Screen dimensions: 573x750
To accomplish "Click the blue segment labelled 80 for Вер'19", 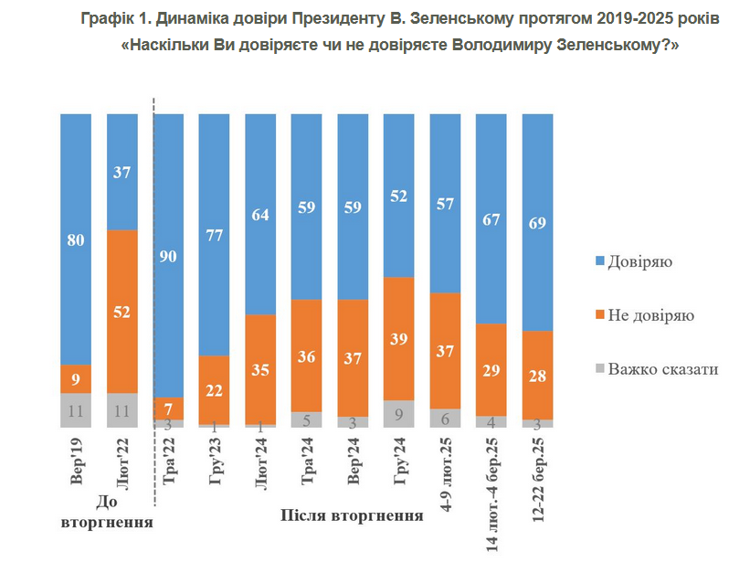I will pyautogui.click(x=76, y=239).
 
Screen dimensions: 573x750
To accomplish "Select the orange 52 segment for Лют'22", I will pyautogui.click(x=122, y=311).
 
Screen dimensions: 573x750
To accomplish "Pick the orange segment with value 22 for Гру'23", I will pyautogui.click(x=215, y=389).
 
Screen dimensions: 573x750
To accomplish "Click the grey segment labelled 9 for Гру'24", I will pyautogui.click(x=399, y=413).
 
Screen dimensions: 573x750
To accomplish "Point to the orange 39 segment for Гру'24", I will pyautogui.click(x=399, y=338).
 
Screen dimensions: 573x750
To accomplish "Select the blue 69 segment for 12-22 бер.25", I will pyautogui.click(x=537, y=222).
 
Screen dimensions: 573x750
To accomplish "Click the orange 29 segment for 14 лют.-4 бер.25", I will pyautogui.click(x=491, y=369).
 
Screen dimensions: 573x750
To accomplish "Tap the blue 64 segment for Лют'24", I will pyautogui.click(x=261, y=214).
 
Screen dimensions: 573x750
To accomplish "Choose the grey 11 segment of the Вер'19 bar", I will pyautogui.click(x=76, y=410).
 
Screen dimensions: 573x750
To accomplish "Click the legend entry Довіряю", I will pyautogui.click(x=641, y=262).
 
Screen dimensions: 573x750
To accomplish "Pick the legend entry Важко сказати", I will pyautogui.click(x=663, y=369).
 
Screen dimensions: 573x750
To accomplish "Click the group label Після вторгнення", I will pyautogui.click(x=350, y=515).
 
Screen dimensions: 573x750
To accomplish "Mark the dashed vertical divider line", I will pyautogui.click(x=153, y=302).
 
